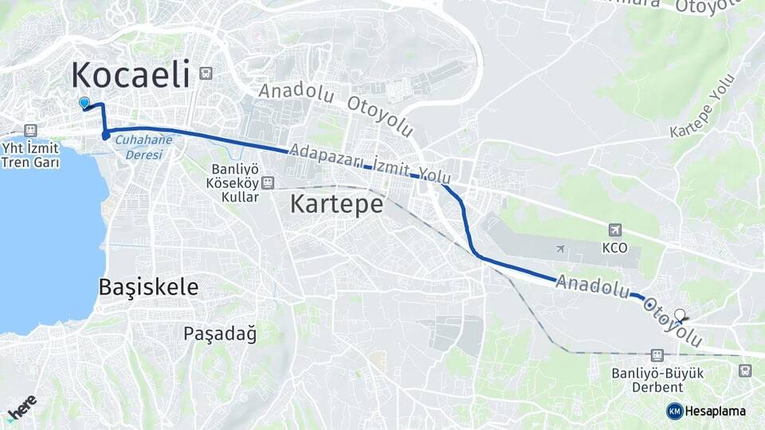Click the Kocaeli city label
[131, 75]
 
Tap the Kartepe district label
[336, 204]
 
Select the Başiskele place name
[148, 287]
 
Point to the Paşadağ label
[220, 333]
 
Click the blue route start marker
[84, 103]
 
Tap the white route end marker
[680, 315]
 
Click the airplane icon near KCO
[561, 249]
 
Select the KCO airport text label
[615, 248]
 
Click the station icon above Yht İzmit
[31, 131]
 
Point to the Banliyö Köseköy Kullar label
[235, 182]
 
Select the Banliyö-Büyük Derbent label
[657, 380]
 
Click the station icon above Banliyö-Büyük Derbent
[657, 355]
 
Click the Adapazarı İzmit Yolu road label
[371, 162]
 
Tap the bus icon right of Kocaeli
[206, 73]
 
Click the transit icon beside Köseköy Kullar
[268, 182]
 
